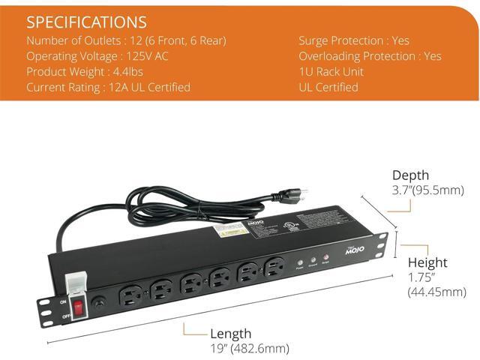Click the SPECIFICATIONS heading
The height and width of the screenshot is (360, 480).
pos(86,22)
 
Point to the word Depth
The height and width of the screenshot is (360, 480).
pos(410,175)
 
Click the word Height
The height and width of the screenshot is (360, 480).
pos(427,262)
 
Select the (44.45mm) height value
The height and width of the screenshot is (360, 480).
pos(437,292)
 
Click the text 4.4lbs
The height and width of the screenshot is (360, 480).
pos(138,71)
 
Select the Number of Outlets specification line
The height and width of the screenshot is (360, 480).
pos(125,40)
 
